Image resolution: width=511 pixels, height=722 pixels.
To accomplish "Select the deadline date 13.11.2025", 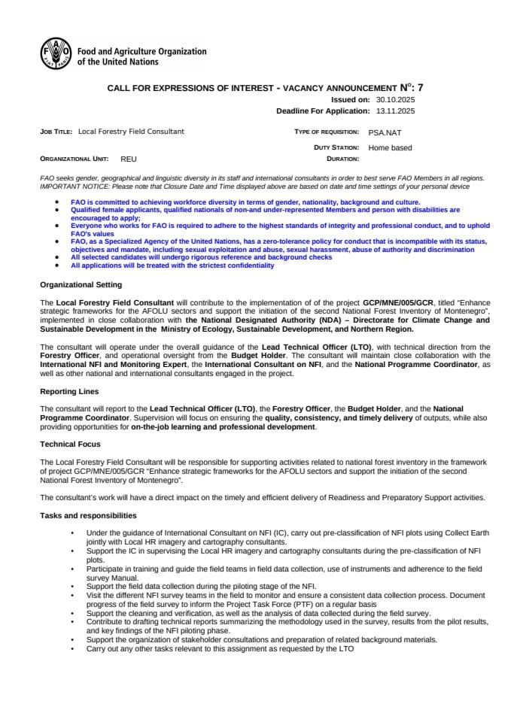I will point(395,111).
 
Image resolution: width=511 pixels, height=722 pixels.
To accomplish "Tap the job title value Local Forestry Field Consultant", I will point(131,132).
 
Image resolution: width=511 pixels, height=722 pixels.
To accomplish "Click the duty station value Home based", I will point(390,147).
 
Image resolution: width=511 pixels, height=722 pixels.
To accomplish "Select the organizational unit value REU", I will point(129,159).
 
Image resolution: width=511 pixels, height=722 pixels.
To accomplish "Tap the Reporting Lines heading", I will point(68,392).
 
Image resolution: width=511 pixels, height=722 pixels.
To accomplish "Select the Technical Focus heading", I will point(69,444).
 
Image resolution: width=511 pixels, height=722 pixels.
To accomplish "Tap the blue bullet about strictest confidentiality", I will point(172,265).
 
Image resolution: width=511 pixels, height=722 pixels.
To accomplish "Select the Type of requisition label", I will point(326,132).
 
